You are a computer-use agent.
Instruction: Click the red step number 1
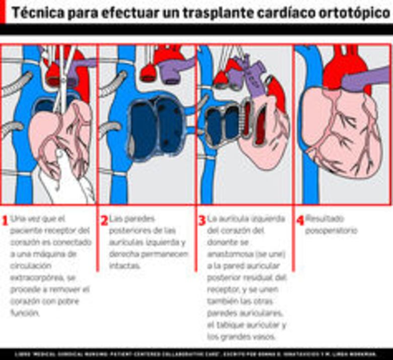click(5, 220)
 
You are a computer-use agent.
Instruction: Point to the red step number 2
click(104, 220)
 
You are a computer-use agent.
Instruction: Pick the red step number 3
click(202, 220)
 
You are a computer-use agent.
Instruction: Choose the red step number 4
click(299, 220)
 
